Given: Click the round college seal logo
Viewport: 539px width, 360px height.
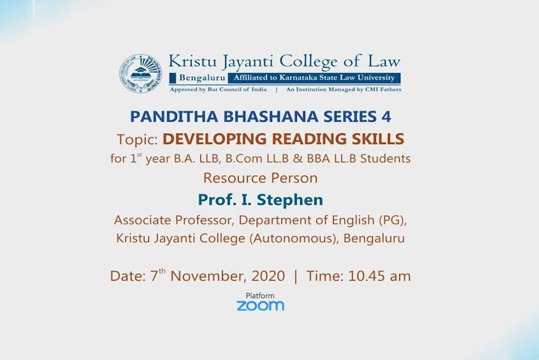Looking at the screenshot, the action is click(141, 73).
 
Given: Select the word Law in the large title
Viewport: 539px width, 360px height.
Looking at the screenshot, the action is click(384, 61).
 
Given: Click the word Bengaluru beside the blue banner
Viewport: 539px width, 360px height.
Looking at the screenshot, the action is click(201, 78).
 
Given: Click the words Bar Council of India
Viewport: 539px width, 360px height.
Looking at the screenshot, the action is click(237, 90).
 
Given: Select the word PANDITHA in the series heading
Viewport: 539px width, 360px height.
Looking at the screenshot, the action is click(174, 117).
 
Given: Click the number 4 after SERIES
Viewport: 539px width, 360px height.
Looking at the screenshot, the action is click(386, 117).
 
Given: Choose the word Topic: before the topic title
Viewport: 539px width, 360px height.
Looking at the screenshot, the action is click(137, 140).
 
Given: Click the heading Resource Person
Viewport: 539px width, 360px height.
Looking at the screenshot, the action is click(260, 178).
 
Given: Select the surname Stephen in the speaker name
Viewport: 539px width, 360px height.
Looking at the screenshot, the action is click(290, 200).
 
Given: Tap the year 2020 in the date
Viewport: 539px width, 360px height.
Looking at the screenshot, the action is click(268, 276).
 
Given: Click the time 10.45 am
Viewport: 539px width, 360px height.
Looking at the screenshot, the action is click(379, 276).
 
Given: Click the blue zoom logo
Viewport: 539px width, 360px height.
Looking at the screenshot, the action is click(260, 305).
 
